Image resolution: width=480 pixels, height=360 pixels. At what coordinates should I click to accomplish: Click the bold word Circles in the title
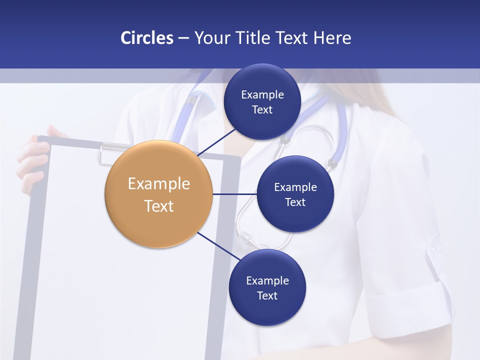147,38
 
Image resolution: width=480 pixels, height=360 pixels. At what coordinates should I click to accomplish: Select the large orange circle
158,194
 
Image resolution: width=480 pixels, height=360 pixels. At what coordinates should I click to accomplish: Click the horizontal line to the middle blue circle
234,194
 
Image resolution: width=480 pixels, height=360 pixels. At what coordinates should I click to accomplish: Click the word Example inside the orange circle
158,183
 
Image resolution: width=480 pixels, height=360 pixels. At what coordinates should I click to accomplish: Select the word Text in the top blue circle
262,109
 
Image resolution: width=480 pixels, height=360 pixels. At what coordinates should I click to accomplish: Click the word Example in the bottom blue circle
267,280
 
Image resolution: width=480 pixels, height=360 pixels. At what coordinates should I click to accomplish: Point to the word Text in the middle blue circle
295,202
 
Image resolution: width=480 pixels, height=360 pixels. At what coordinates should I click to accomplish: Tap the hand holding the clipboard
35,160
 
